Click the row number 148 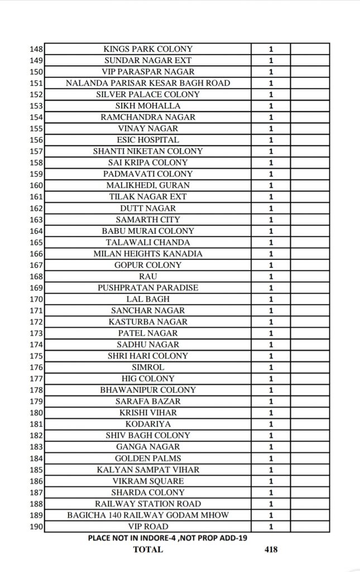click(x=36, y=49)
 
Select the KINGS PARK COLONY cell click(x=148, y=49)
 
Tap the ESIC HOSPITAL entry click(x=148, y=140)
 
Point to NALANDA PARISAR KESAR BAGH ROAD click(x=148, y=83)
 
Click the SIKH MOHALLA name click(x=148, y=106)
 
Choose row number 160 click(x=36, y=185)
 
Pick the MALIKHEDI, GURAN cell click(x=148, y=185)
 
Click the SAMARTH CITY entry click(x=148, y=220)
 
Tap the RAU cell click(x=148, y=277)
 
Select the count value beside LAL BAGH click(x=271, y=299)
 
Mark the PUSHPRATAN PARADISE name click(x=148, y=288)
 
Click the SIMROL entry click(x=148, y=367)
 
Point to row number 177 click(x=36, y=379)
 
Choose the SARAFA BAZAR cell click(x=148, y=401)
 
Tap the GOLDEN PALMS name click(x=148, y=458)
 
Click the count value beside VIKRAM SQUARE click(x=271, y=481)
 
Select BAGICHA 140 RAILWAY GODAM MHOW click(x=148, y=515)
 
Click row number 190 click(x=36, y=526)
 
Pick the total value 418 click(x=271, y=549)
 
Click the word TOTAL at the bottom click(x=148, y=549)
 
